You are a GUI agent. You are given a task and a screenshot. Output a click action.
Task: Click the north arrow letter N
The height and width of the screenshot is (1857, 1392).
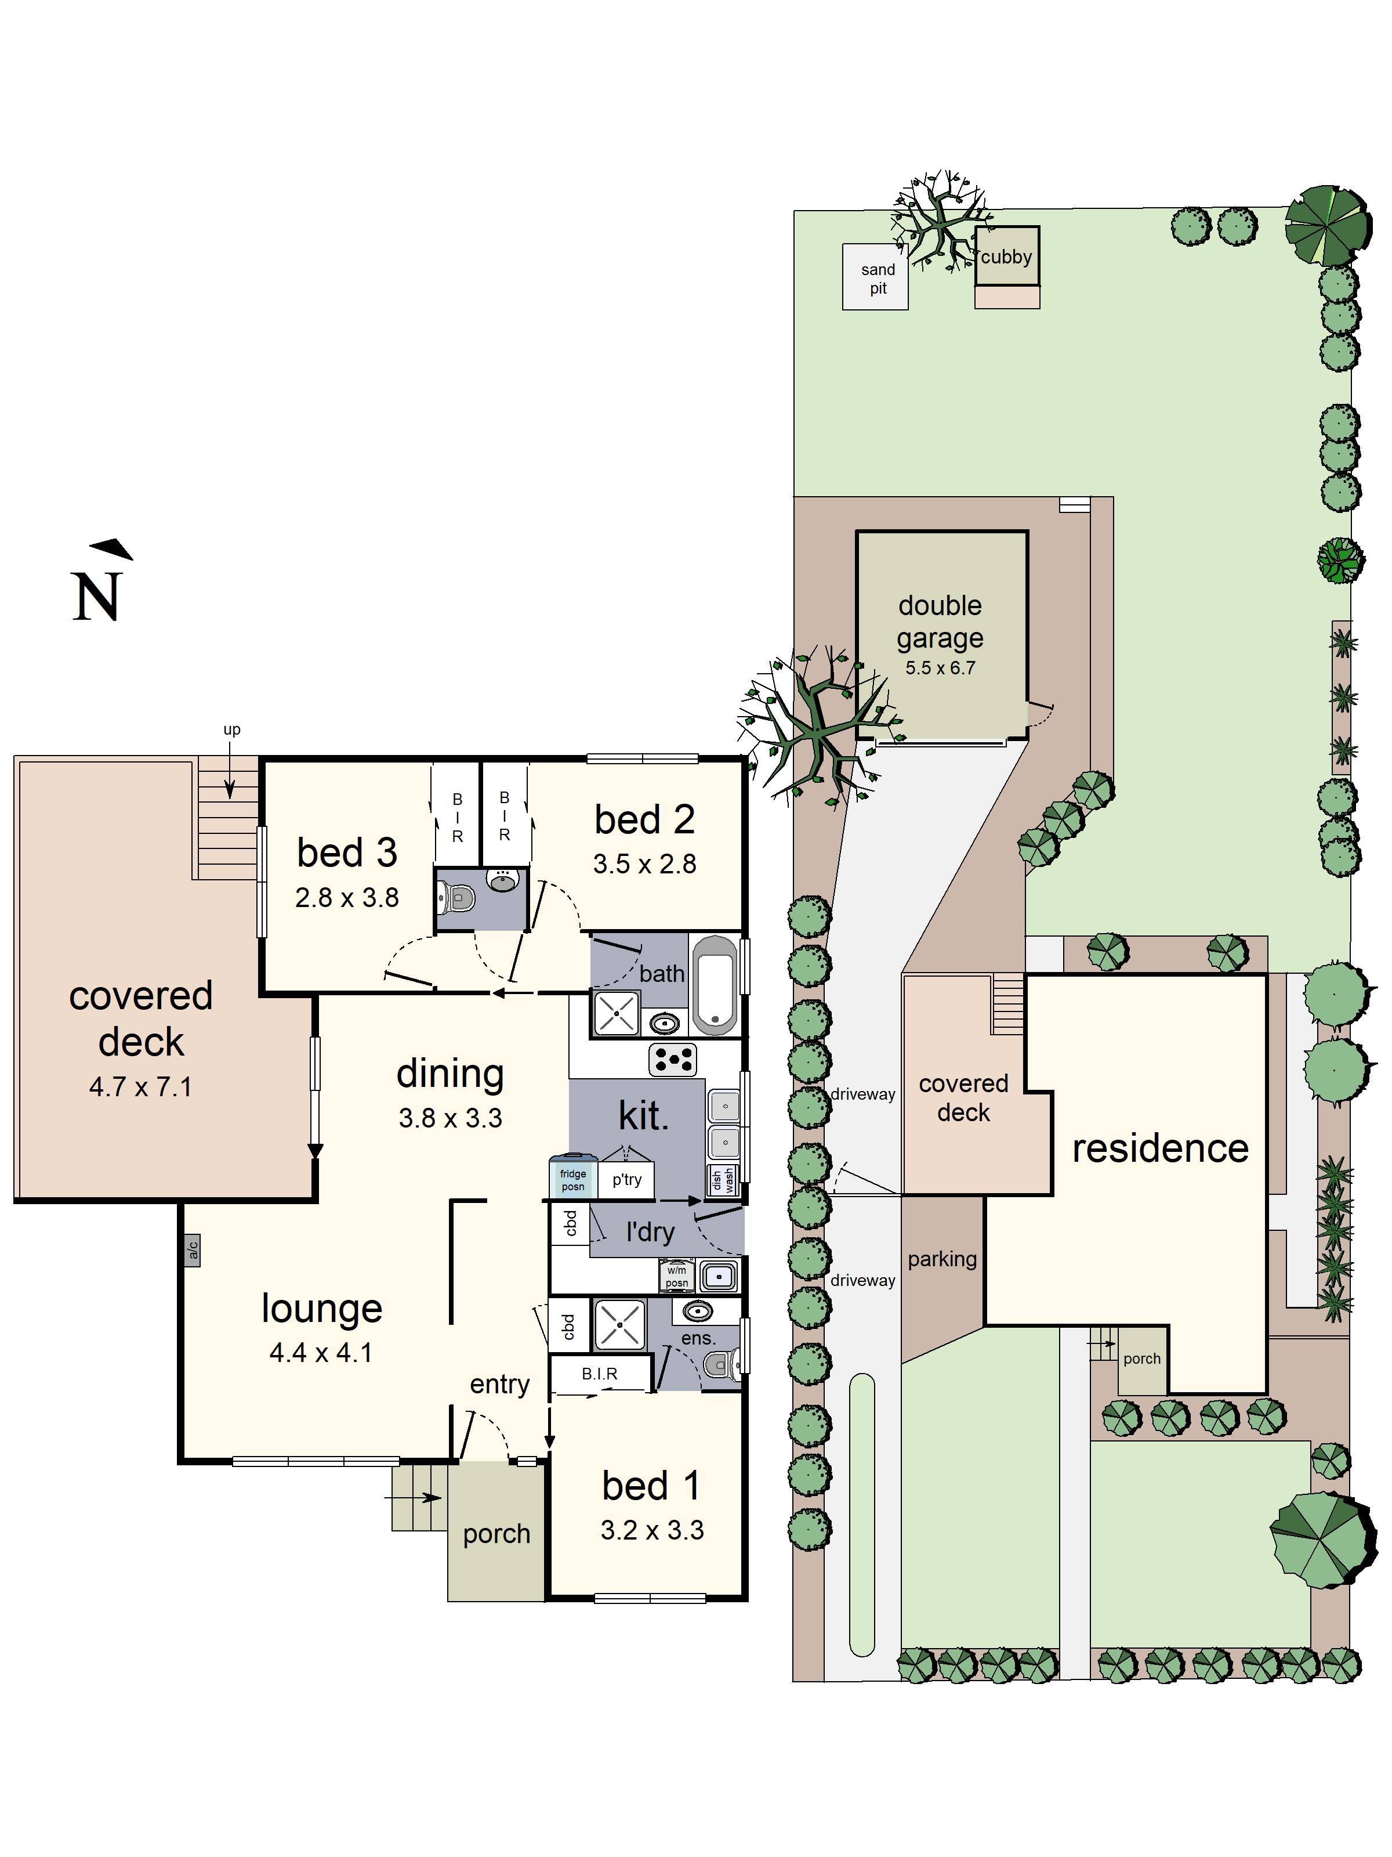[97, 597]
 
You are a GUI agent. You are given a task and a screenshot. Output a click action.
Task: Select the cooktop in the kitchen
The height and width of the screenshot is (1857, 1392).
[673, 1060]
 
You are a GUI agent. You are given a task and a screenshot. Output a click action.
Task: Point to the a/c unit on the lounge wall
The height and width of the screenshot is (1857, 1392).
[192, 1251]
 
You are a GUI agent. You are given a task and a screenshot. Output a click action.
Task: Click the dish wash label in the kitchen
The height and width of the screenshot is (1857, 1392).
[723, 1180]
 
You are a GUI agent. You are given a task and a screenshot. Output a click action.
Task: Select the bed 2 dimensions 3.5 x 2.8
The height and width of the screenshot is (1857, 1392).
[644, 864]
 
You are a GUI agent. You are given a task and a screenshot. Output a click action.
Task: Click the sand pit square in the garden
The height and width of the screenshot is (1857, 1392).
[875, 277]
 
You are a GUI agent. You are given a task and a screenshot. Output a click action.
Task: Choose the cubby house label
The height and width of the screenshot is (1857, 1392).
[1006, 257]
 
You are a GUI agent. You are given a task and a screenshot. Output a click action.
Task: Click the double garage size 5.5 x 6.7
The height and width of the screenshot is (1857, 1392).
[940, 669]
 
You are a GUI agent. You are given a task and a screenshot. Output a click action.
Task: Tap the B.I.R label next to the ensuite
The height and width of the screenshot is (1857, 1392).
[599, 1374]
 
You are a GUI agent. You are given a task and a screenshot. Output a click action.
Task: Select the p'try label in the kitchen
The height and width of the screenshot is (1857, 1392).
[627, 1180]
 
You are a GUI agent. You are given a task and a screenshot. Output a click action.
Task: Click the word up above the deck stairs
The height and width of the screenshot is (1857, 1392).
[231, 729]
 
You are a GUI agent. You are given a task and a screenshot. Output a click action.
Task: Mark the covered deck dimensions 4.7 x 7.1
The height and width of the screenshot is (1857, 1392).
[141, 1087]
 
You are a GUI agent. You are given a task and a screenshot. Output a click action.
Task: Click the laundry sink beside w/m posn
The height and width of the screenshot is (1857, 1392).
[718, 1277]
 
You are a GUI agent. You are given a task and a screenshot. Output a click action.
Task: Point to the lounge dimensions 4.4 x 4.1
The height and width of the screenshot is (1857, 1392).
[321, 1353]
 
